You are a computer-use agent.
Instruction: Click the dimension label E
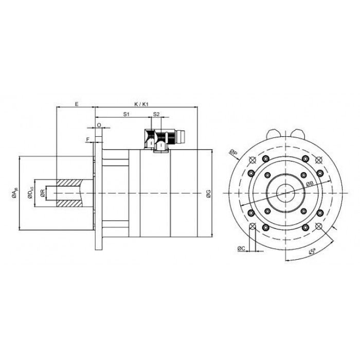tap(77, 104)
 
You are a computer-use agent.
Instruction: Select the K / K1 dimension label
tap(141, 104)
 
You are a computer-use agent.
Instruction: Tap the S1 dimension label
tap(127, 114)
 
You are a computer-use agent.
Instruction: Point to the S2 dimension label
tap(156, 114)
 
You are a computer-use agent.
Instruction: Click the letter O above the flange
tap(99, 125)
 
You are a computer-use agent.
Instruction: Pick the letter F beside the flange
tap(87, 139)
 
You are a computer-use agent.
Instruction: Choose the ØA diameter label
tap(14, 193)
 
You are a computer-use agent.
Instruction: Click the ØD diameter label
tap(30, 193)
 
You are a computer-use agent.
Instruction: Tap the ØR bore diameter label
tap(42, 193)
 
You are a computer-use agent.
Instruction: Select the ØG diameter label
tap(208, 193)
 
